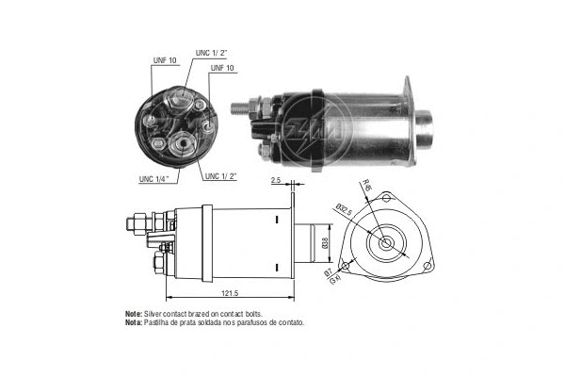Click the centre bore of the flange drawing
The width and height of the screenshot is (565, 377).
tap(387, 243)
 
